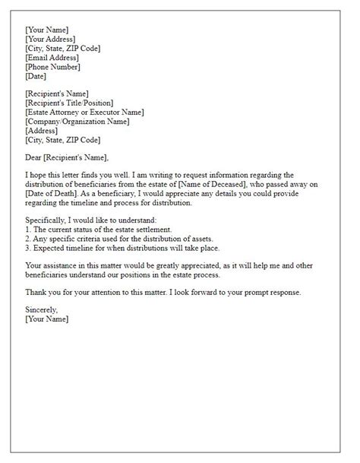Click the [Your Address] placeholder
[49, 40]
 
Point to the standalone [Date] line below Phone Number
[35, 76]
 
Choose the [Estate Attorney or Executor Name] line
[84, 113]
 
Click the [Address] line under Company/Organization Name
[41, 131]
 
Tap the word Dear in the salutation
[33, 158]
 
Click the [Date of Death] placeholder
[54, 195]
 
